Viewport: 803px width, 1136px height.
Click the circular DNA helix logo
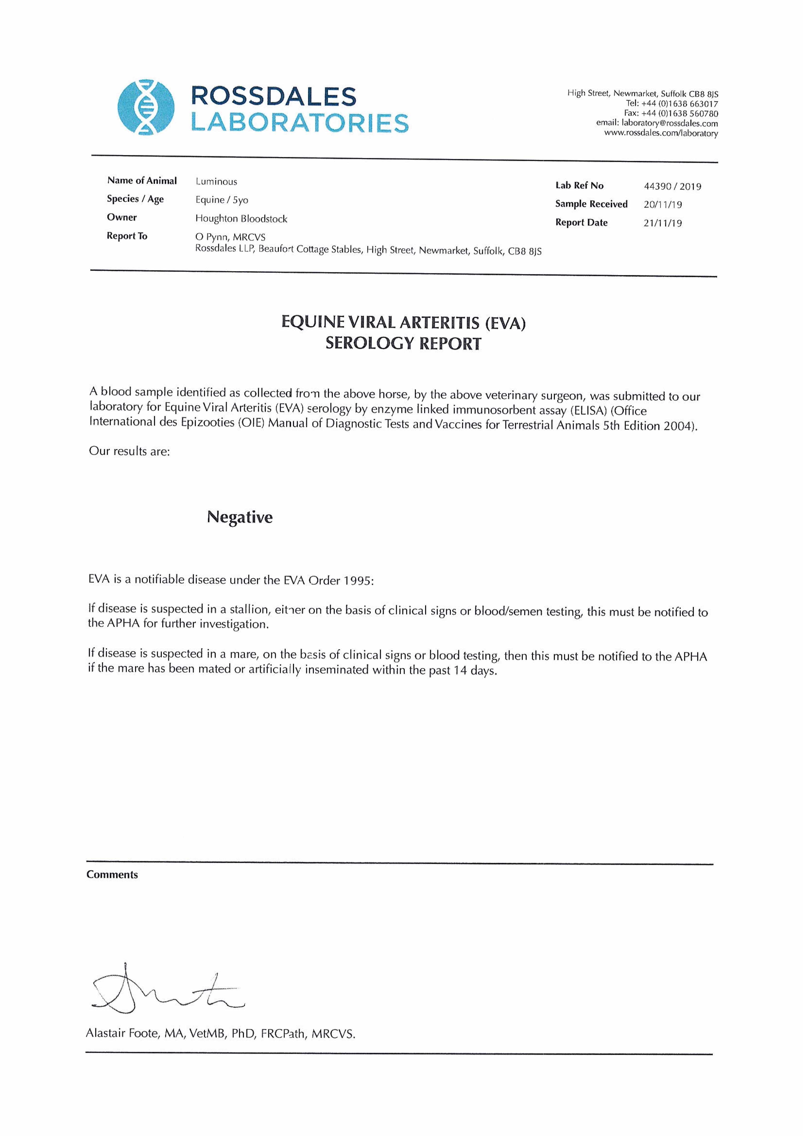146,107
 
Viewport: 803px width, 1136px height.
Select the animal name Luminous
216,182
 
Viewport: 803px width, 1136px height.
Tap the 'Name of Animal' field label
142,181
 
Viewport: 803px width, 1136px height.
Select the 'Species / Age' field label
135,199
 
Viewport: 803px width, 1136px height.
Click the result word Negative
239,517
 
